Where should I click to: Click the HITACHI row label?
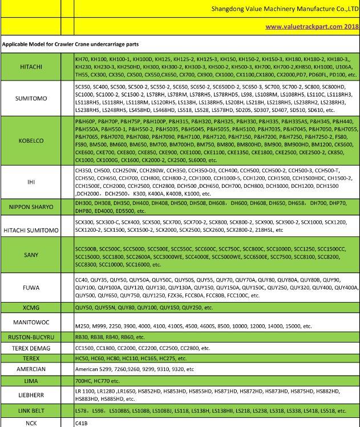click(x=31, y=67)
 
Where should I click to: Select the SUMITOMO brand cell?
click(x=31, y=98)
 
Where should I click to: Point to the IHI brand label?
click(x=31, y=182)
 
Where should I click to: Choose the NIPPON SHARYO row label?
click(x=31, y=207)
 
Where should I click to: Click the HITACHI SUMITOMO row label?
click(x=31, y=230)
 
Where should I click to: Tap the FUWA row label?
click(x=31, y=288)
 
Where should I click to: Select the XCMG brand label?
click(x=31, y=308)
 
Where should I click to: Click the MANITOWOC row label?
click(x=31, y=323)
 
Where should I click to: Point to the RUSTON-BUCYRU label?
click(x=31, y=337)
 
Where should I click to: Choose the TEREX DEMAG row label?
click(x=31, y=348)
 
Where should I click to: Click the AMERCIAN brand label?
click(x=31, y=369)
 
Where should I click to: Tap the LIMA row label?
click(x=31, y=380)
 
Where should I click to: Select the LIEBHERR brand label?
click(x=31, y=395)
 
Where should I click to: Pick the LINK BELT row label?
click(x=31, y=411)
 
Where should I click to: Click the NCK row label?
click(x=31, y=423)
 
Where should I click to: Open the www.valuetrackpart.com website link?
click(x=312, y=26)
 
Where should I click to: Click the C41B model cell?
click(x=81, y=423)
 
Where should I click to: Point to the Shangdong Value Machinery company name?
click(x=284, y=9)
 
